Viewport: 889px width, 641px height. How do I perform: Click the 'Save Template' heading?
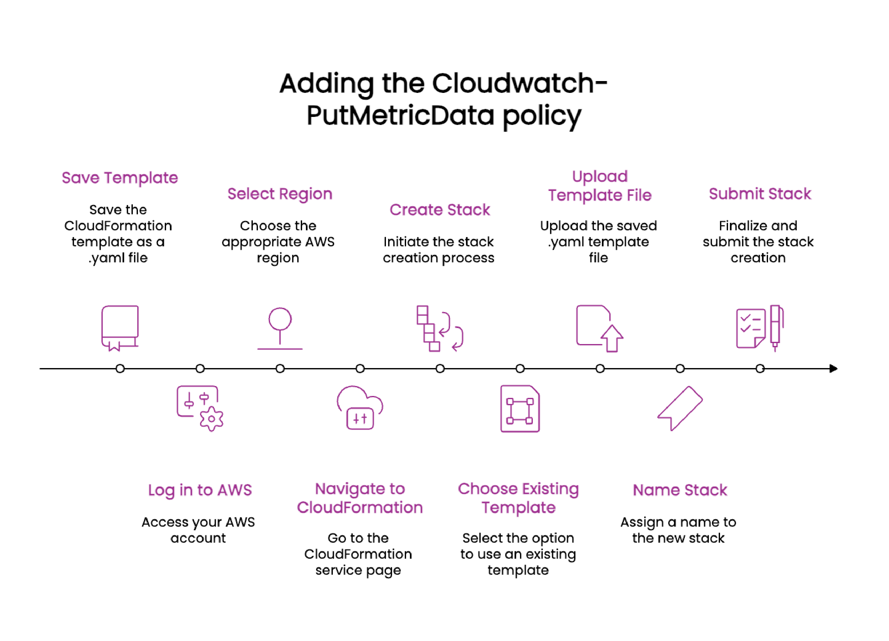pyautogui.click(x=120, y=178)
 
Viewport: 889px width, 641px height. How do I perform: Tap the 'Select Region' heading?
pyautogui.click(x=280, y=194)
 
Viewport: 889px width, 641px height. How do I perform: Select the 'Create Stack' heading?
pyautogui.click(x=439, y=210)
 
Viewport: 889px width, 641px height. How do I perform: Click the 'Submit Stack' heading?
pyautogui.click(x=760, y=194)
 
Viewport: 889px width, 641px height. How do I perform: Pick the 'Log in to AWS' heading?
pyautogui.click(x=200, y=490)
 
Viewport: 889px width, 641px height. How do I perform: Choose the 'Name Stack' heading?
pyautogui.click(x=680, y=490)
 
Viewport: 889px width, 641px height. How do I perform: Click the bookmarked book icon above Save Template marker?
pyautogui.click(x=120, y=328)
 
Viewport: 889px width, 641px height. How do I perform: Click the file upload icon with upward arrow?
pyautogui.click(x=599, y=328)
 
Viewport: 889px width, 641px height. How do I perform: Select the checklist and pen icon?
pyautogui.click(x=759, y=328)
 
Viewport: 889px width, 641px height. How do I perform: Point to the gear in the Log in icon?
pyautogui.click(x=211, y=419)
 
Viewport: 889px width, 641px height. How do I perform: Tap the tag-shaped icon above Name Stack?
pyautogui.click(x=680, y=408)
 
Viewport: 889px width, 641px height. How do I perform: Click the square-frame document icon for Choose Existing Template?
pyautogui.click(x=520, y=408)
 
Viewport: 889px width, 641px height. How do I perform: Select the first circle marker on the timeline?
pyautogui.click(x=120, y=369)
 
